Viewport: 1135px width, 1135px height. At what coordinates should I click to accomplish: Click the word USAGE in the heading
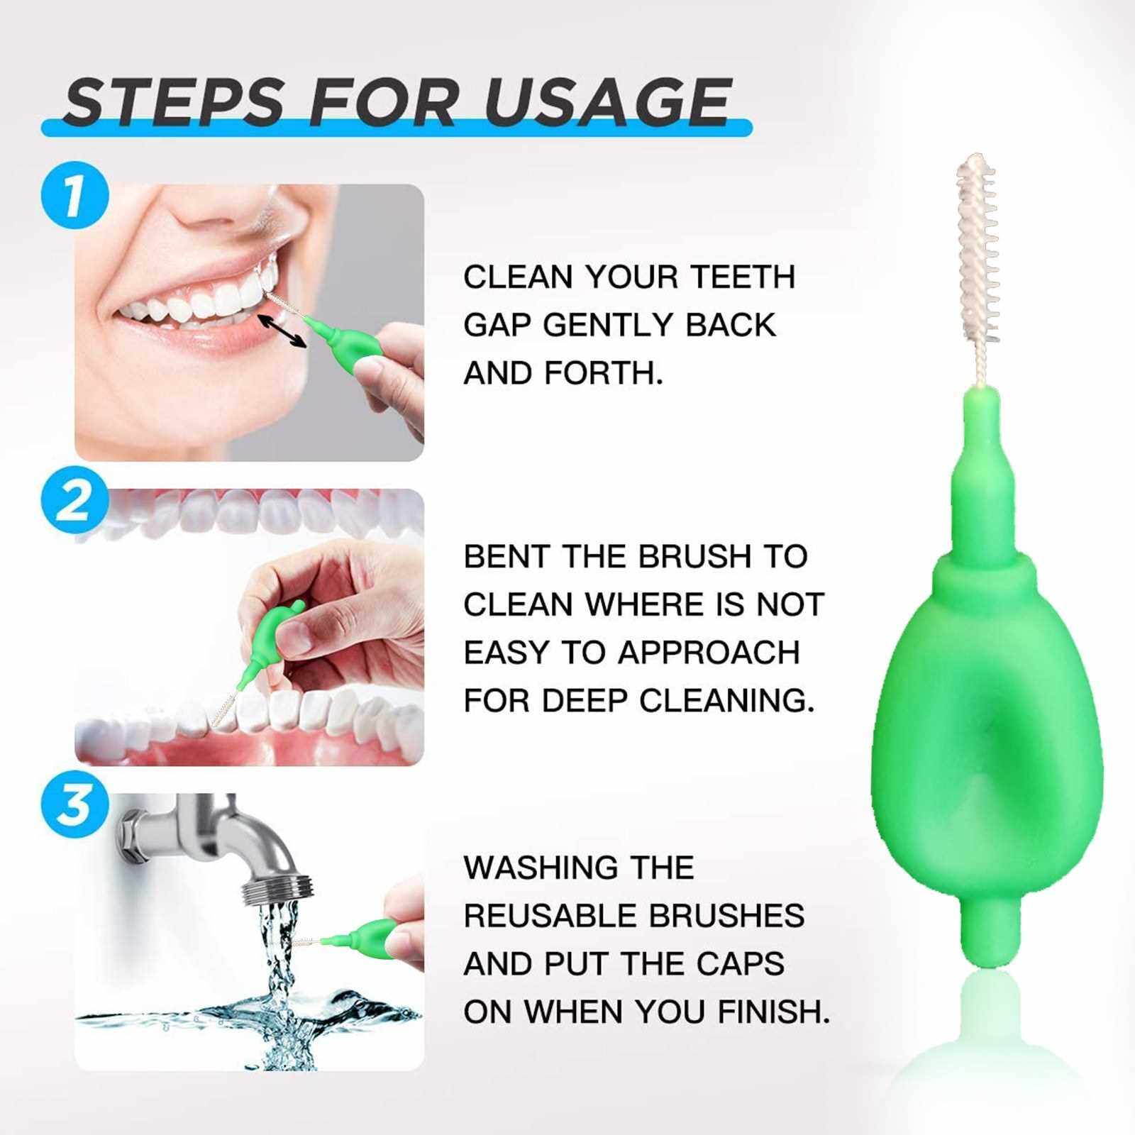[608, 103]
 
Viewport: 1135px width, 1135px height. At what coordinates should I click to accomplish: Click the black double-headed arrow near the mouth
[282, 331]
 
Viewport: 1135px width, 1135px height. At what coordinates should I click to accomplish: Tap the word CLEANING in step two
[726, 701]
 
